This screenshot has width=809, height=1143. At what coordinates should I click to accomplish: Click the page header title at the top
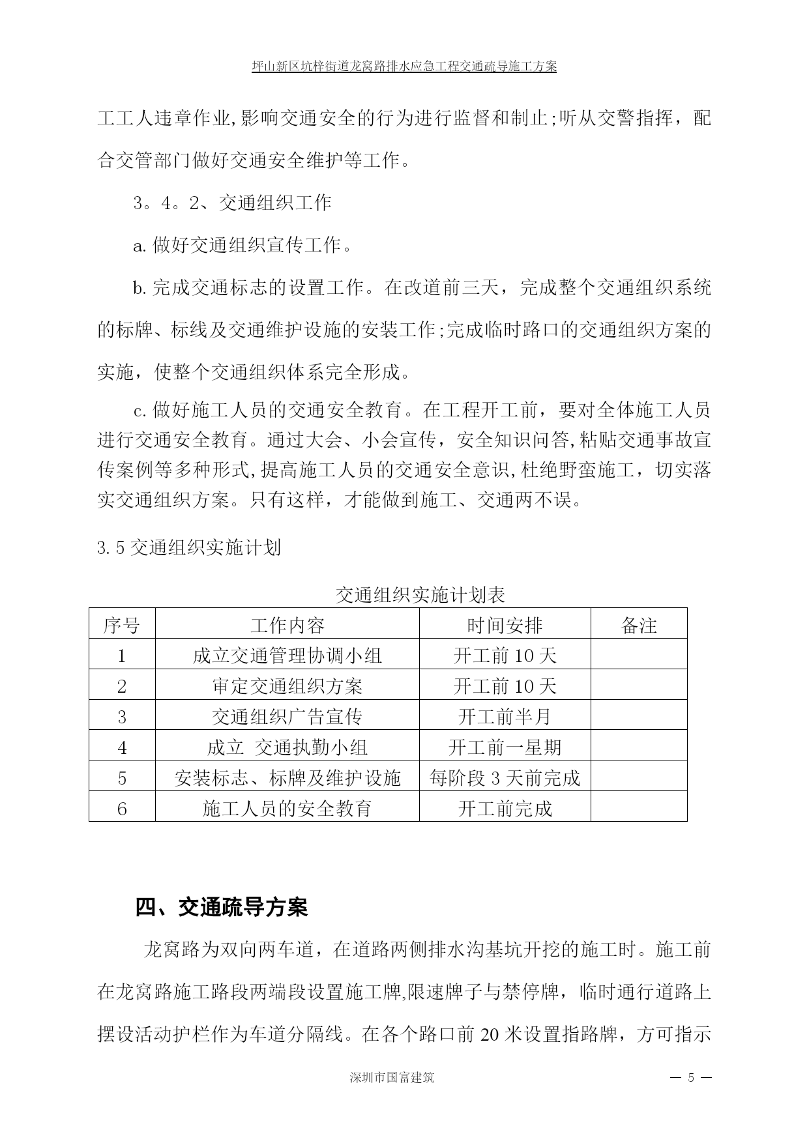coord(404,66)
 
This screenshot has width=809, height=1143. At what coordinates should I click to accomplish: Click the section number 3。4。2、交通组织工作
coord(232,203)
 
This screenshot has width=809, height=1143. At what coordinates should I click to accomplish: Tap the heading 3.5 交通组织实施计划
coord(189,547)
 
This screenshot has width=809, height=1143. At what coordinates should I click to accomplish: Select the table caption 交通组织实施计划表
coord(420,594)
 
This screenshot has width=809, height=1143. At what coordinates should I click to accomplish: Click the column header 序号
coord(122,626)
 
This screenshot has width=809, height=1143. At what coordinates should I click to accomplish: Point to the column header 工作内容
coord(287,626)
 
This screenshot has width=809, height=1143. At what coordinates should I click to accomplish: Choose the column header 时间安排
coord(505,626)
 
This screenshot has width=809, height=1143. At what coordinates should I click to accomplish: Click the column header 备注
coord(639,626)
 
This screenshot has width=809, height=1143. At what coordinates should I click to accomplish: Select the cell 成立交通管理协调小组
coord(287,656)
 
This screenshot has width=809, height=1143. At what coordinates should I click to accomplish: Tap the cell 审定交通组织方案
coord(287,686)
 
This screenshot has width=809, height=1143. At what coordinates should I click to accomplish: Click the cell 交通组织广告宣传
coord(287,717)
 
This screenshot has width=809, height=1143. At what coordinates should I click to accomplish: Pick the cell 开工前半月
coord(505,717)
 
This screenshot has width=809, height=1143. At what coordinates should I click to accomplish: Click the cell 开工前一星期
coord(505,747)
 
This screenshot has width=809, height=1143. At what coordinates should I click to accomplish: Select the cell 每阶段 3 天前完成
coord(505,778)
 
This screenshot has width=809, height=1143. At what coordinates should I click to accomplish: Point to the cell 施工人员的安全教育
coord(287,809)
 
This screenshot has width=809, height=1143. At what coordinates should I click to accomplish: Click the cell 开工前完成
coord(505,809)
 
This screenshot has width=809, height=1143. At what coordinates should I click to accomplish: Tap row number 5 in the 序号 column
coord(122,778)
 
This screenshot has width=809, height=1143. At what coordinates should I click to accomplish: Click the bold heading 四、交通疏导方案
coord(221,907)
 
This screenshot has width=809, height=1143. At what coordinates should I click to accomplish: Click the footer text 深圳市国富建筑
coord(392,1077)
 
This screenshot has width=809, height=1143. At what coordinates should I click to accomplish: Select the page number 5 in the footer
coord(691,1077)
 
